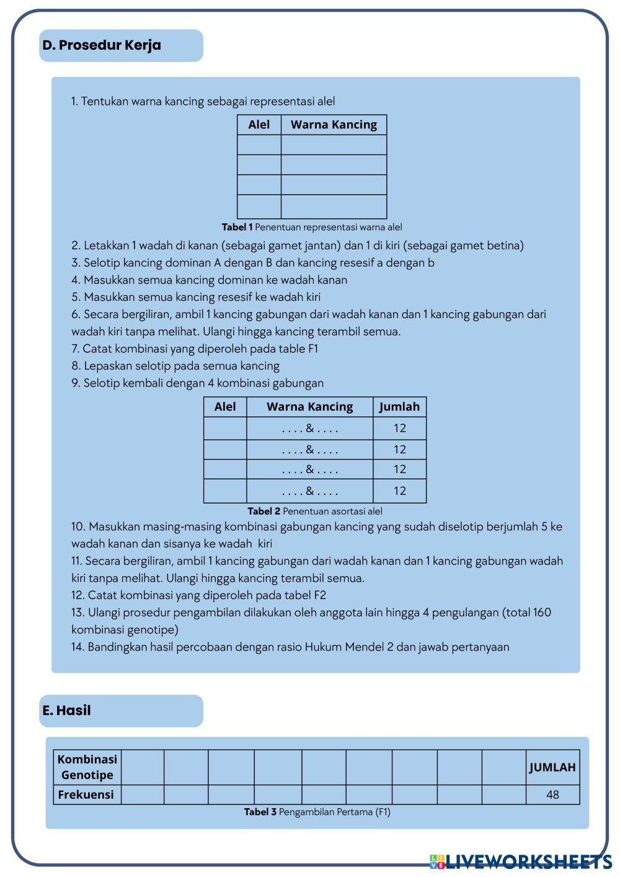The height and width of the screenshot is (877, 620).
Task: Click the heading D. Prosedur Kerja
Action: pos(102,45)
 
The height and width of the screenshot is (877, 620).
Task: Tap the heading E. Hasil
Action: pos(66,711)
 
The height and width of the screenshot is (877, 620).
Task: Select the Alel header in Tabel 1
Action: pos(259,125)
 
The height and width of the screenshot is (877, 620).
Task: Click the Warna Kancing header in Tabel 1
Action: pos(334,125)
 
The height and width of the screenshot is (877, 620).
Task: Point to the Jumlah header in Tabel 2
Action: pos(399,407)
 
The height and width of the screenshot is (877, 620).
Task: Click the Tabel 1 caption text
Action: pos(312,227)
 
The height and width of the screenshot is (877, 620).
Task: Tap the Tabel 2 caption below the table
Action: pos(314,511)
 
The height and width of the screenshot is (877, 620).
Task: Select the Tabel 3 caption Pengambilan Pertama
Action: pos(317,812)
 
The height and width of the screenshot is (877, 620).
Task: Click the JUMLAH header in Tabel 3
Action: pos(552,767)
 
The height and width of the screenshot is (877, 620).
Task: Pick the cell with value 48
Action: pos(552,795)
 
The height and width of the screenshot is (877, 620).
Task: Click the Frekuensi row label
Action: pos(86,795)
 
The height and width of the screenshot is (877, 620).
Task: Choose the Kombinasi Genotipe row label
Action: pos(87,767)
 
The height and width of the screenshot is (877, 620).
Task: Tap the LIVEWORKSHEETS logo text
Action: pos(528,861)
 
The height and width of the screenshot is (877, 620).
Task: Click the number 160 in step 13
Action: pos(541,613)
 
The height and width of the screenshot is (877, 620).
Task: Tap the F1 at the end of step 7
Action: pos(312,349)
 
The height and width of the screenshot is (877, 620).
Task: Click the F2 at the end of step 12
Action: pos(319,595)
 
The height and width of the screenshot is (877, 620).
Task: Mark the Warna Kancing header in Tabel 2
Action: pos(309,407)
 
